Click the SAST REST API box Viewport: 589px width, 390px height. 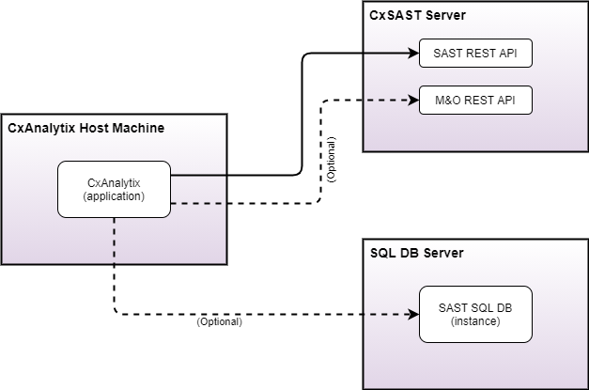[475, 54]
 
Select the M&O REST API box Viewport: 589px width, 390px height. [475, 100]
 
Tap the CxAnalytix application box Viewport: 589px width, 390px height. [114, 189]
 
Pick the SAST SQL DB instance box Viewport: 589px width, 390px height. [475, 314]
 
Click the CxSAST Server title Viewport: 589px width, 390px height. [418, 16]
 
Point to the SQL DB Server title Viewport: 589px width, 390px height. [417, 254]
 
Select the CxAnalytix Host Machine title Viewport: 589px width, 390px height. [86, 128]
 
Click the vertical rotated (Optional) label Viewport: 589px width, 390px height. [331, 159]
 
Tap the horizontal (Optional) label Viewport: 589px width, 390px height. [219, 321]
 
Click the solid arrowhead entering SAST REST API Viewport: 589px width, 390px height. [412, 54]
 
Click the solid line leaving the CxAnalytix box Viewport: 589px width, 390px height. [198, 175]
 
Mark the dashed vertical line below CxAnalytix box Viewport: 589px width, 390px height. [115, 240]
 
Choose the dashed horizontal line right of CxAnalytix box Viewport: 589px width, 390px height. [198, 203]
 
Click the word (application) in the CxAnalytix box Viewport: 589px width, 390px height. [114, 196]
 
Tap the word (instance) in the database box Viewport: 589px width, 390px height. [475, 321]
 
